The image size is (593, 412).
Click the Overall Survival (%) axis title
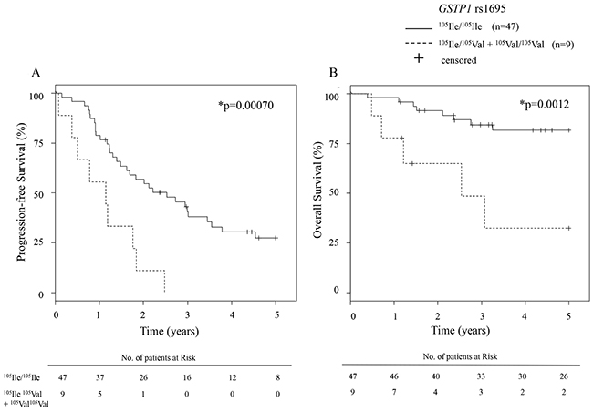(317, 193)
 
